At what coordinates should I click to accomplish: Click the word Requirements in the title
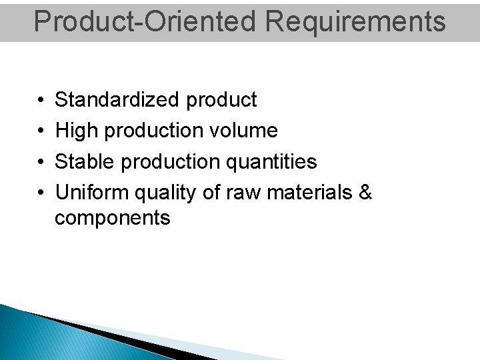[x=355, y=21]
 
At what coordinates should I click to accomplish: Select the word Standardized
[x=117, y=100]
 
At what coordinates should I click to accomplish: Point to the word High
[x=75, y=131]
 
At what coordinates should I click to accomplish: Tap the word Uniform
[x=91, y=193]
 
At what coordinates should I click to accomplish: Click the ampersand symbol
[x=365, y=193]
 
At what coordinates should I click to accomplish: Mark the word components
[x=112, y=219]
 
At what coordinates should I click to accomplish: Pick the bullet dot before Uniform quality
[x=41, y=193]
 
